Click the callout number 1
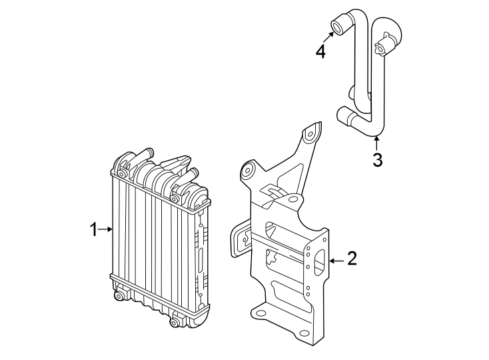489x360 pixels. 94,230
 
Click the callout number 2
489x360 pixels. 351,259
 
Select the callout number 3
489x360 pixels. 377,159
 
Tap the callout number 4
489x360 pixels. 321,51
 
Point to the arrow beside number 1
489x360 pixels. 107,230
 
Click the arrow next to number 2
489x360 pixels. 336,259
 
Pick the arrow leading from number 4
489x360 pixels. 327,38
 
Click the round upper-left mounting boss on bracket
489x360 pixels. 248,171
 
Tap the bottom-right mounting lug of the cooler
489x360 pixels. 175,323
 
